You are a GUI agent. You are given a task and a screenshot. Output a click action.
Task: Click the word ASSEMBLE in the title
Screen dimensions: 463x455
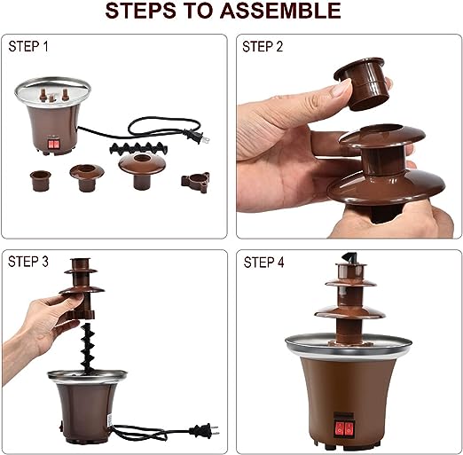click(x=279, y=11)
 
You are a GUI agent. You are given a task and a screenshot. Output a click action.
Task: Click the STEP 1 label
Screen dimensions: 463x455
click(x=28, y=46)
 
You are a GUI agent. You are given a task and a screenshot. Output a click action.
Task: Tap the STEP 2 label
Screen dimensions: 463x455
click(x=263, y=47)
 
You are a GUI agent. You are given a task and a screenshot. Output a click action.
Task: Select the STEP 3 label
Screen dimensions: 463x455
click(x=28, y=262)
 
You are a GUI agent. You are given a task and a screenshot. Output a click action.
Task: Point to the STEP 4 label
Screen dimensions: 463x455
click(x=263, y=263)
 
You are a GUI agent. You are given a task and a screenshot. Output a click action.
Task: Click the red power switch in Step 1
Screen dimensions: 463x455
click(x=53, y=145)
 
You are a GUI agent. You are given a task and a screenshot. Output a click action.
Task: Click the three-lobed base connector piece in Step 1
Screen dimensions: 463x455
click(x=195, y=183)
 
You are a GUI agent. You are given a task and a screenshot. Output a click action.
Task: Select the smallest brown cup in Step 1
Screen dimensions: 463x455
click(x=41, y=180)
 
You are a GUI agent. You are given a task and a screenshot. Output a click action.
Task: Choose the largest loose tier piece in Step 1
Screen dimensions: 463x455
click(x=142, y=171)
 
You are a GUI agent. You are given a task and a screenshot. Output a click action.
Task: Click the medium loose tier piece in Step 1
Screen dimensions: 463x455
click(x=87, y=177)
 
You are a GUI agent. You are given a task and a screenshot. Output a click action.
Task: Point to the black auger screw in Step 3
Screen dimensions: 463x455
click(x=89, y=349)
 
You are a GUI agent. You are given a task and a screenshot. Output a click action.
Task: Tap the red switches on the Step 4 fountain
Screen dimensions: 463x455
click(x=344, y=428)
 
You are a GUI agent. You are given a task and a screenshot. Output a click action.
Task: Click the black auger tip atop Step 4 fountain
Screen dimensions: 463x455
click(x=349, y=257)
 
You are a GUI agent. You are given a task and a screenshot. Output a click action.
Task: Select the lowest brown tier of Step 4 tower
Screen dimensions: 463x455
click(x=349, y=313)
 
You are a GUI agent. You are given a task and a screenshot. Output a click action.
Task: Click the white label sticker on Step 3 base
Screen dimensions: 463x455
click(x=109, y=420)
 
